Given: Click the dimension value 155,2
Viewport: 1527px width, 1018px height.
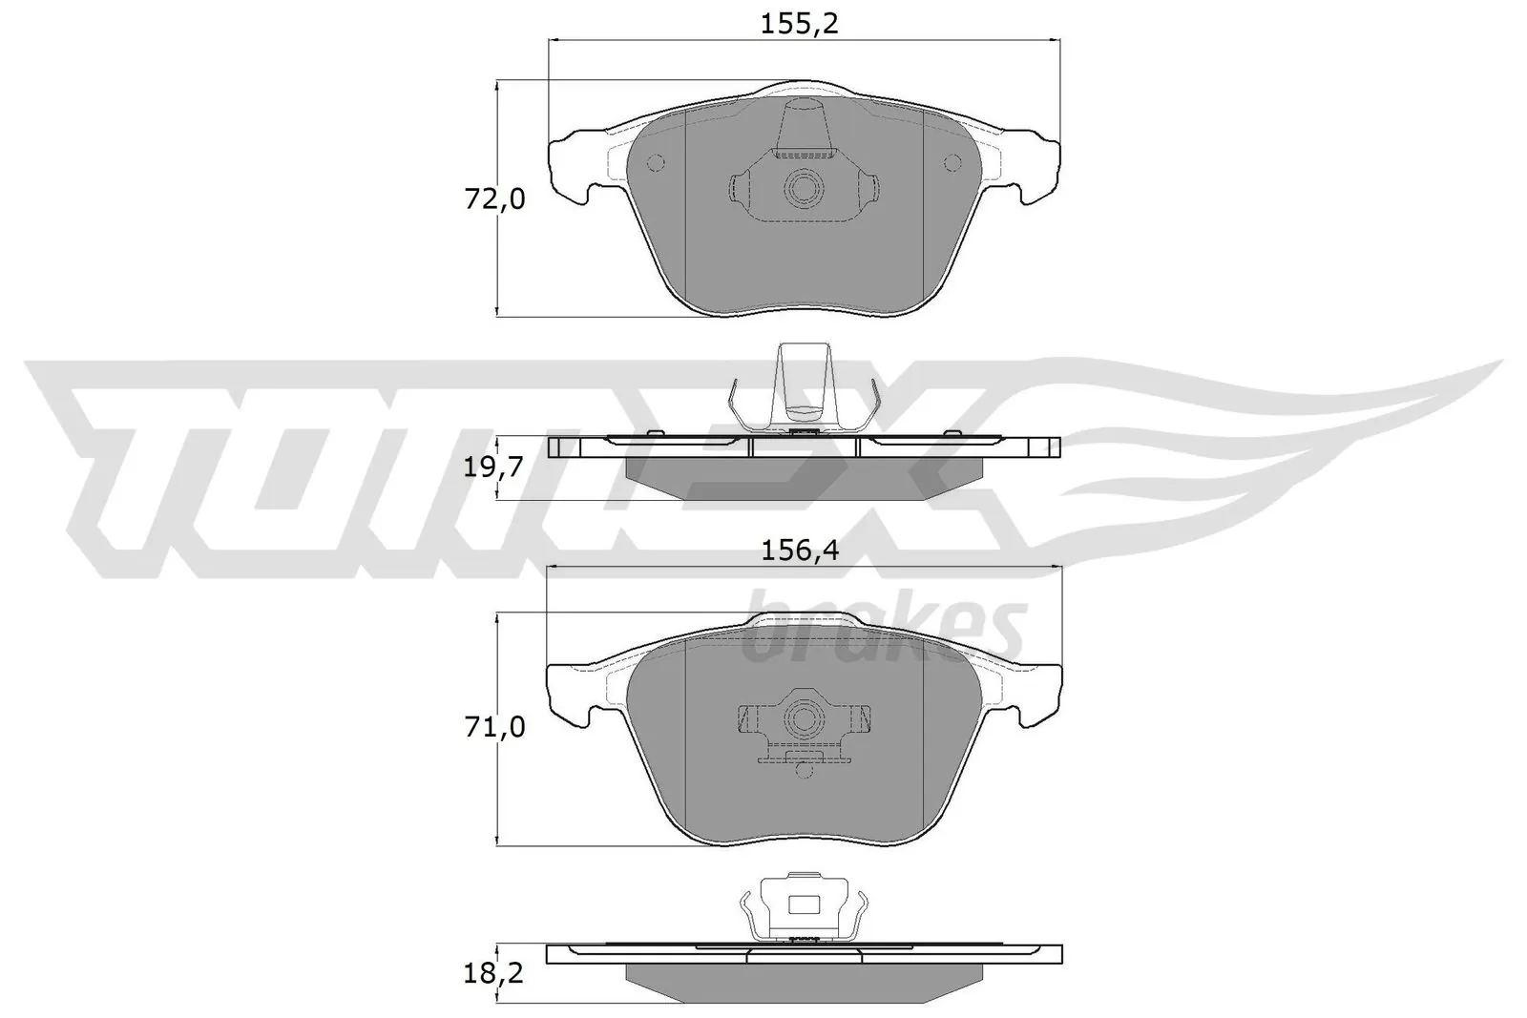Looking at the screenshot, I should tap(799, 24).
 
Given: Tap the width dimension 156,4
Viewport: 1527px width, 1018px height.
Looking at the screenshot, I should tap(799, 551).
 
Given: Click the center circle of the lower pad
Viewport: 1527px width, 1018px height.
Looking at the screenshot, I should tap(802, 716).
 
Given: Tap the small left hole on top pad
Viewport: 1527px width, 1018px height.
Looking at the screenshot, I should tap(655, 163).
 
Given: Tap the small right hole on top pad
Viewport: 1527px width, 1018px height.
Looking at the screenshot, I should tap(951, 163).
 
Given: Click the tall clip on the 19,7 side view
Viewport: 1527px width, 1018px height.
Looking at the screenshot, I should tap(802, 382).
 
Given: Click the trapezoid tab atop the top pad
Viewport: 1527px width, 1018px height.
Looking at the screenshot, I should tap(802, 129).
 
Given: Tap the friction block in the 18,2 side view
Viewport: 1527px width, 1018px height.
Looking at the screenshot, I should tap(804, 980).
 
